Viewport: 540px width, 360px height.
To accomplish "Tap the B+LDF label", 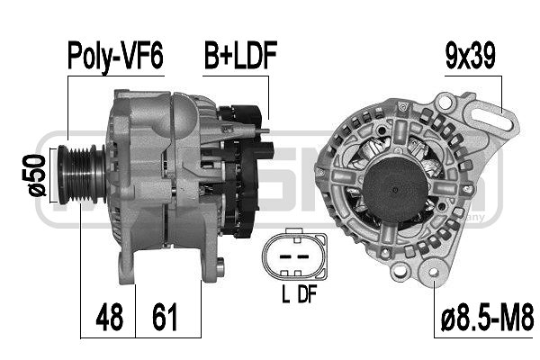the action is (240, 55).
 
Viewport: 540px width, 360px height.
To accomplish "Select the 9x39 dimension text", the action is (470, 55).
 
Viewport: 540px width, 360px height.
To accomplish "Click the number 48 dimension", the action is (109, 317).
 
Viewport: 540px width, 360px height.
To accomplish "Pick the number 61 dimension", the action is (165, 317).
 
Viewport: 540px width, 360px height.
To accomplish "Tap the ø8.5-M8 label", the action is (487, 318).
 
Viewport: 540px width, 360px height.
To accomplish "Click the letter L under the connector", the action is (285, 294).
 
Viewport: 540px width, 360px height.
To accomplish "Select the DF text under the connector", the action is (307, 294).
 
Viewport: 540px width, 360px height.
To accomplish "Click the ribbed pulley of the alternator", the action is (82, 175).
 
